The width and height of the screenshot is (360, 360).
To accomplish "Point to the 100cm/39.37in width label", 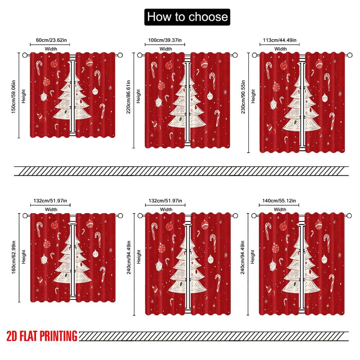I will pyautogui.click(x=165, y=41).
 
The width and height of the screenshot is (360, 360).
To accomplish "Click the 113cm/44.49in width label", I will pyautogui.click(x=280, y=41).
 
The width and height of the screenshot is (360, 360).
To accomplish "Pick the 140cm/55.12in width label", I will pyautogui.click(x=280, y=201).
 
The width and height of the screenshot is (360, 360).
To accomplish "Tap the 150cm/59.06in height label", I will pyautogui.click(x=14, y=96).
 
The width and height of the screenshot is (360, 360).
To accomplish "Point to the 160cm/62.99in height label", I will pyautogui.click(x=14, y=258).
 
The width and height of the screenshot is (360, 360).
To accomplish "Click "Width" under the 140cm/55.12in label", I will pyautogui.click(x=280, y=209).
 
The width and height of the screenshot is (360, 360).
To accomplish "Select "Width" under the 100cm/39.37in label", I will pyautogui.click(x=166, y=49).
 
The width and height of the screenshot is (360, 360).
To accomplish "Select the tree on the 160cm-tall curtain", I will pyautogui.click(x=73, y=261).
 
